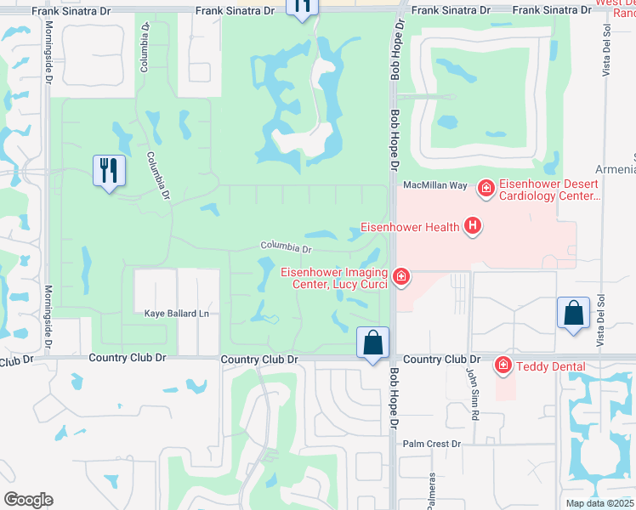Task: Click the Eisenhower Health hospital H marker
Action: click(473, 226)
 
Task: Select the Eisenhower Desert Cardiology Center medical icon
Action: click(486, 187)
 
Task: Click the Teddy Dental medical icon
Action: click(503, 365)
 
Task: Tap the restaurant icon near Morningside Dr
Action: click(110, 170)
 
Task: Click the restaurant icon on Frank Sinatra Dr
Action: click(302, 6)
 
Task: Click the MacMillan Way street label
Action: click(435, 184)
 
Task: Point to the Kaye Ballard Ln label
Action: click(176, 314)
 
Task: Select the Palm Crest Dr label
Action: click(431, 444)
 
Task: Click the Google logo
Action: click(29, 499)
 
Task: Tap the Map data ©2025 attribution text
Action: click(599, 503)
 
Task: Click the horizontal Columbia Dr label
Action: click(287, 247)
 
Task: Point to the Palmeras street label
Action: click(431, 490)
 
